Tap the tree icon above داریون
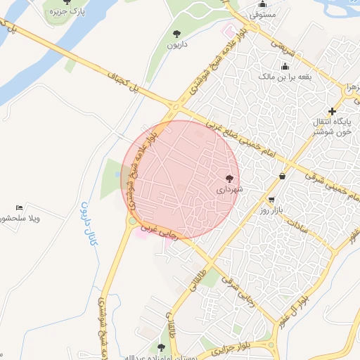tap(176, 33)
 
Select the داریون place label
tap(176, 44)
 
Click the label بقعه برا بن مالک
tap(285, 75)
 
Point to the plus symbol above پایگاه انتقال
tap(333, 111)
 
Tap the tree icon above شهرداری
tap(229, 179)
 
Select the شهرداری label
tap(229, 190)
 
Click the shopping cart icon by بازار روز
tap(271, 200)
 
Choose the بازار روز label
tap(270, 210)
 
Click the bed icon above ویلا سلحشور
tap(20, 207)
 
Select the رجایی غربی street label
tap(159, 231)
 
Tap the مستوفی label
tap(262, 13)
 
